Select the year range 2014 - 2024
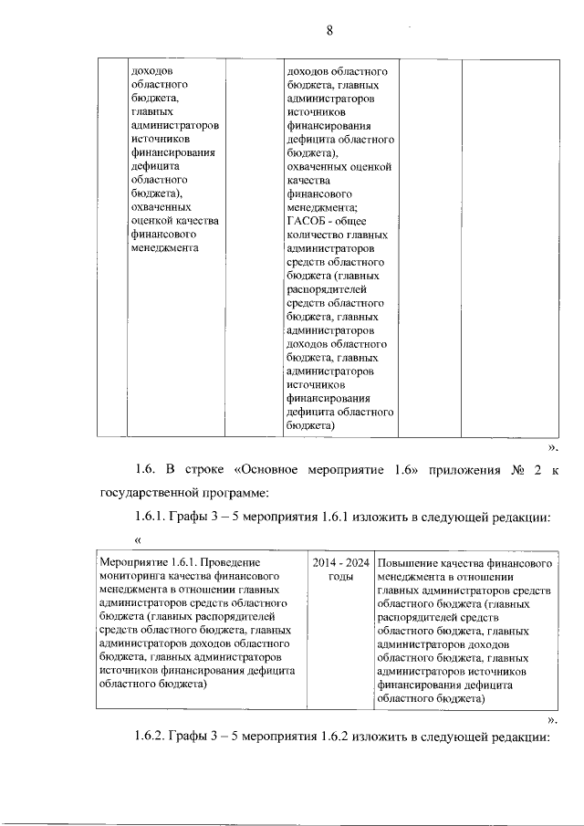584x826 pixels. (x=340, y=564)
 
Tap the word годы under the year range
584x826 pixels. (x=340, y=578)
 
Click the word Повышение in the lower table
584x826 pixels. (x=409, y=564)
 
